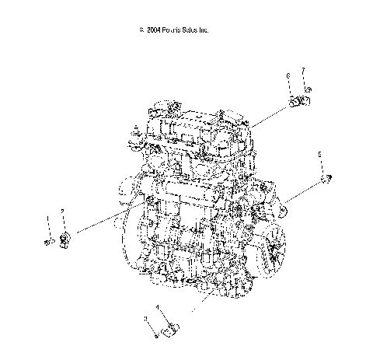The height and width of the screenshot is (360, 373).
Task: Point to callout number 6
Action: (288, 75)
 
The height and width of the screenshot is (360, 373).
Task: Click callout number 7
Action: (302, 71)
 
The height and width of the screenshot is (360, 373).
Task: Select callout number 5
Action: (319, 156)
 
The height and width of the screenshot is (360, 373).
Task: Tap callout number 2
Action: (62, 211)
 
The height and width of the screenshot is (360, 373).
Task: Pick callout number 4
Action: (159, 307)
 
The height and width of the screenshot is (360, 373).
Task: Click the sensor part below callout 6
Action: (296, 102)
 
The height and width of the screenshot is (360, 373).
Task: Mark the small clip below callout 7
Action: (308, 97)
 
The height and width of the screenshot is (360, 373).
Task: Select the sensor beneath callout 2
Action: (67, 236)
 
